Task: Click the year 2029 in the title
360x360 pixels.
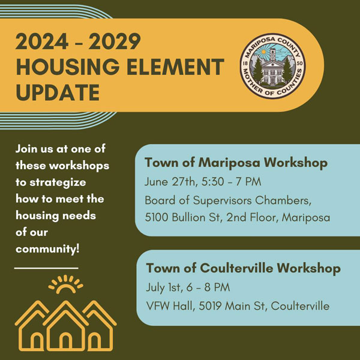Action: click(115, 41)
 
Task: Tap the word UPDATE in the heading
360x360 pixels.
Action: click(58, 92)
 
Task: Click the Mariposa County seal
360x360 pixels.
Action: click(273, 66)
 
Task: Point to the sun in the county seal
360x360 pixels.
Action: click(263, 52)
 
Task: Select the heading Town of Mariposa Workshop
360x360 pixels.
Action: click(236, 163)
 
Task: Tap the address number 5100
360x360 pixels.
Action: click(157, 217)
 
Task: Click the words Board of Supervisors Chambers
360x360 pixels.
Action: click(228, 200)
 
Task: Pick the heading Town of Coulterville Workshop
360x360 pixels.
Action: click(244, 268)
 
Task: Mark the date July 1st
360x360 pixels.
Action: click(164, 287)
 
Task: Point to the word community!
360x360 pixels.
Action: click(48, 248)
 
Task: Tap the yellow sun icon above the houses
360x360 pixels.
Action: click(65, 284)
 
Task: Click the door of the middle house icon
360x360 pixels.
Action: click(65, 341)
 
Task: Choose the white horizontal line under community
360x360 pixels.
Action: click(46, 268)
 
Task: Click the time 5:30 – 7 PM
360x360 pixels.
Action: click(232, 182)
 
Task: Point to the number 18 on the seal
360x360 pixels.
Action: click(245, 64)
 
